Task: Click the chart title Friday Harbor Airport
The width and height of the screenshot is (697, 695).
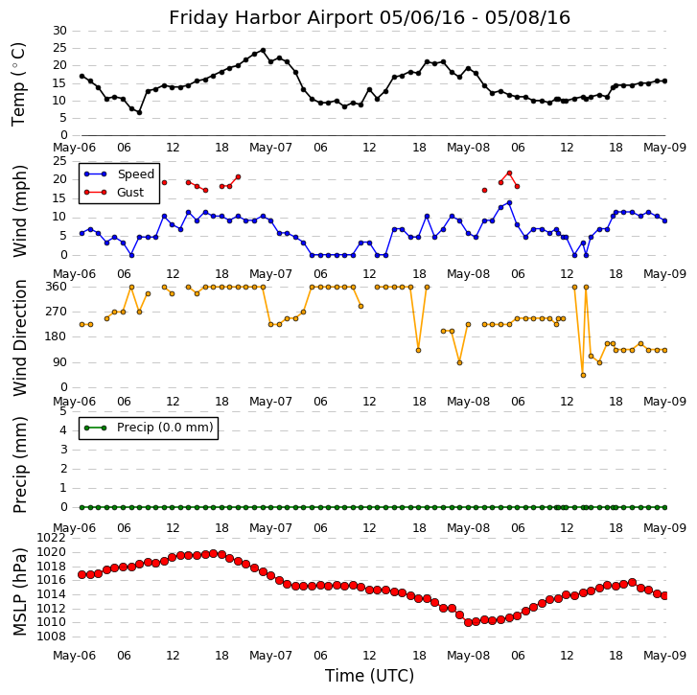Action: click(369, 17)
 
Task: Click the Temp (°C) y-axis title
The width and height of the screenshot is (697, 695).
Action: click(19, 83)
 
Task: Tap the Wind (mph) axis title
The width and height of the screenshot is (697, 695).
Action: click(20, 210)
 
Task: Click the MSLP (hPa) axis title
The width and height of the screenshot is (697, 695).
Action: click(20, 591)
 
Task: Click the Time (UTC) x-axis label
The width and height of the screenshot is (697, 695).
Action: click(369, 676)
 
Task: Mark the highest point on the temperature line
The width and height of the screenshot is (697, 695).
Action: click(263, 51)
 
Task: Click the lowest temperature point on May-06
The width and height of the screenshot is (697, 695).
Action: click(139, 112)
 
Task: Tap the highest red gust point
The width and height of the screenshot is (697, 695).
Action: click(509, 173)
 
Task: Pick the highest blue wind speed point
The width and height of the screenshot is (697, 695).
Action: click(509, 202)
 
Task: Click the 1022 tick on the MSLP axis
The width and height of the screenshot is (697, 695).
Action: click(53, 538)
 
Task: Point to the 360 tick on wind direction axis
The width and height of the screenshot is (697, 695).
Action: click(56, 287)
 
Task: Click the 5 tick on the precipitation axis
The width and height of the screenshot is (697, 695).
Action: click(63, 411)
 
